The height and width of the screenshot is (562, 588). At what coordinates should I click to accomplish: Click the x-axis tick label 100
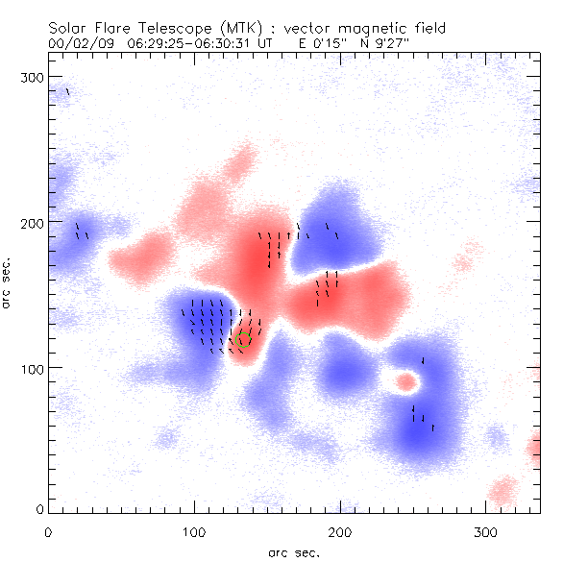pos(194,531)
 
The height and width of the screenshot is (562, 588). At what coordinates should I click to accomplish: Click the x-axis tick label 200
pos(340,531)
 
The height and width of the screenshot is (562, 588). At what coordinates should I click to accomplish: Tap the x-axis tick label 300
pos(486,531)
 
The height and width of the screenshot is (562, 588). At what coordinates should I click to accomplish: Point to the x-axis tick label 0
pos(48,531)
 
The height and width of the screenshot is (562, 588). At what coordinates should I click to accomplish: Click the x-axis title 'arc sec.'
pos(293,552)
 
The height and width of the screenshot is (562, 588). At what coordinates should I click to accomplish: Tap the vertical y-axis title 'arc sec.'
pos(8,283)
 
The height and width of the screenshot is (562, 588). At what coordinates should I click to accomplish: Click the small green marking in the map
pos(246,336)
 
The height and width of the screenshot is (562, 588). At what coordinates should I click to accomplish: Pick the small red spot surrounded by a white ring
pos(406,382)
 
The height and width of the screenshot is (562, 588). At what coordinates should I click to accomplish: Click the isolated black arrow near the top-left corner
pos(67,92)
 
